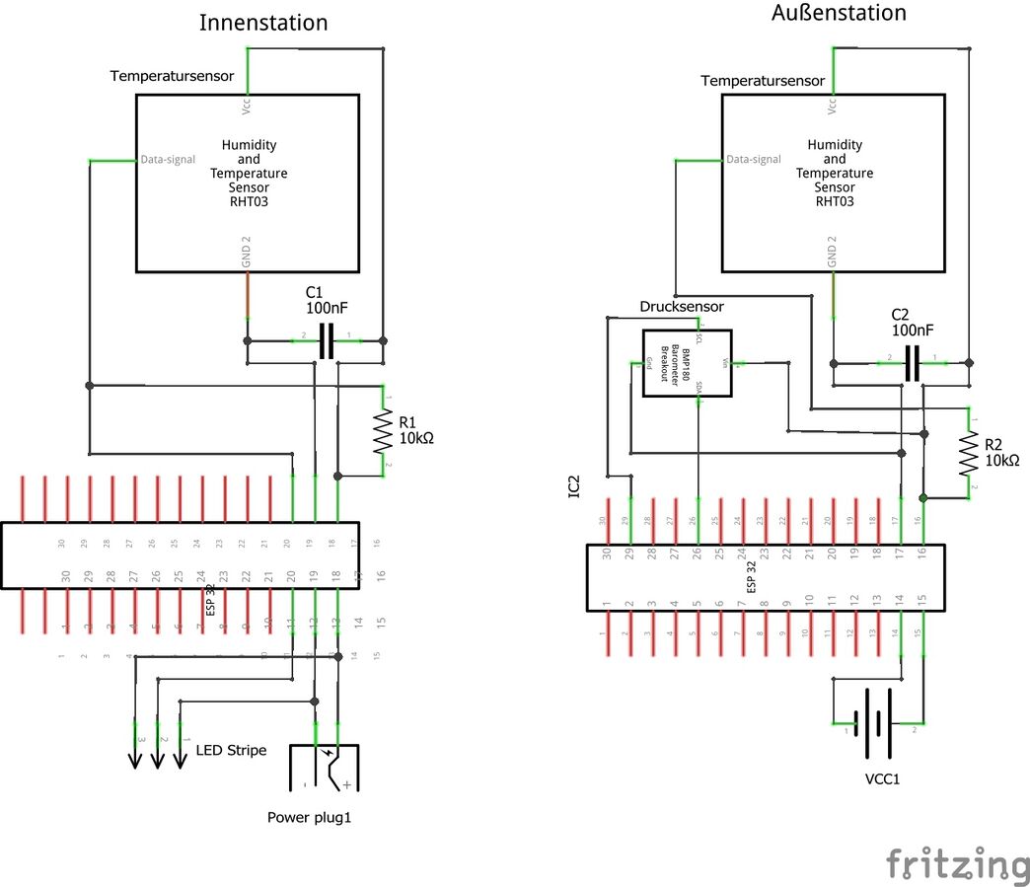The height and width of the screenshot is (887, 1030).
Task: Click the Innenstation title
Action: tap(263, 23)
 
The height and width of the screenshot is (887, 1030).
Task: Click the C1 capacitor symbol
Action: tap(326, 340)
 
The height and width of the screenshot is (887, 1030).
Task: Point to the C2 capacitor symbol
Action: tap(913, 363)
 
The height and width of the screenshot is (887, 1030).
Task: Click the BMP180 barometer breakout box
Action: tap(687, 363)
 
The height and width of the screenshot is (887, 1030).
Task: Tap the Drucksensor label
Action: tap(682, 307)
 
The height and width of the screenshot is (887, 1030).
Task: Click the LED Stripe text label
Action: tap(231, 750)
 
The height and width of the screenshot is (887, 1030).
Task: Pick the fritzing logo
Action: tap(956, 863)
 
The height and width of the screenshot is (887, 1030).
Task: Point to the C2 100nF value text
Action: tap(913, 330)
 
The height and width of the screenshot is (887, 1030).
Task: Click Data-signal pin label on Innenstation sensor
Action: tap(168, 159)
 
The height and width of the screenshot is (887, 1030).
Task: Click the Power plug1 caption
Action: tap(309, 817)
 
